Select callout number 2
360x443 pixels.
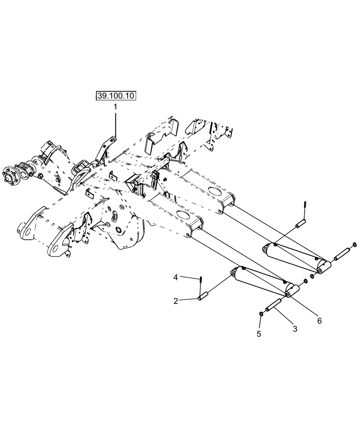point(176,301)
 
